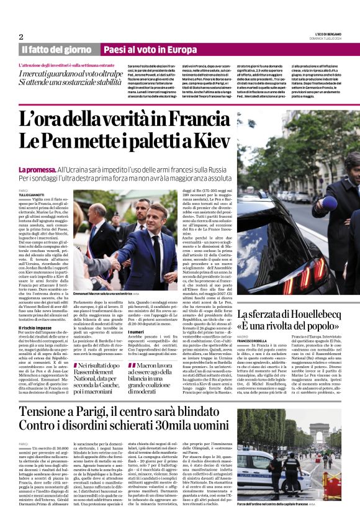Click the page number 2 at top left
point(21,37)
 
